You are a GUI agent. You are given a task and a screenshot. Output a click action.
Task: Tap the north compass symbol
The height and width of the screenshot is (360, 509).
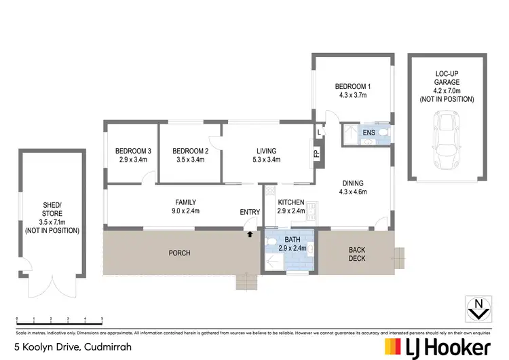(479, 308)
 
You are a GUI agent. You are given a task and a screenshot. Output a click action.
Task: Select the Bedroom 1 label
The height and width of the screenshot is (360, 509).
(352, 86)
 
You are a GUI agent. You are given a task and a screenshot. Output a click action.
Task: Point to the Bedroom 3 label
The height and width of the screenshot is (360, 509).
(133, 151)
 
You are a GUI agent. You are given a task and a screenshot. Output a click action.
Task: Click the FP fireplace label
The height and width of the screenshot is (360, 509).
(316, 153)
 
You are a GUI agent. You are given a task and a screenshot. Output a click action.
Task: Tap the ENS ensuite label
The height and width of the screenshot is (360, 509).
(369, 132)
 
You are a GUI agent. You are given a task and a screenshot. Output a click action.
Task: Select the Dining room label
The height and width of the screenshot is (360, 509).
(353, 183)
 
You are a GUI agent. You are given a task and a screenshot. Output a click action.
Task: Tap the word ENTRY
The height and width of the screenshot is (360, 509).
(250, 213)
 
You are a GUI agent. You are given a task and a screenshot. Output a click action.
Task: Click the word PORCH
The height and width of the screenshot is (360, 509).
(181, 253)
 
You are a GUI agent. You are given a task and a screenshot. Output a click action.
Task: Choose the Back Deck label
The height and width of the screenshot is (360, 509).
(357, 254)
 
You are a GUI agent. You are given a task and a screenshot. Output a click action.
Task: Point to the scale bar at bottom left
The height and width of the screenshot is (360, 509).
(59, 319)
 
